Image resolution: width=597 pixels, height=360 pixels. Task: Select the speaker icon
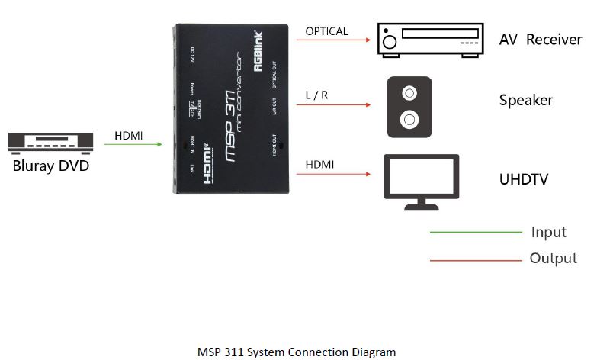click(409, 108)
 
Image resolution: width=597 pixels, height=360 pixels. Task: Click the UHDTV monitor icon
click(420, 182)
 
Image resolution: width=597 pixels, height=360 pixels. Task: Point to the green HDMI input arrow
click(137, 145)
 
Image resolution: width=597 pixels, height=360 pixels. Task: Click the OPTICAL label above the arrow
click(326, 31)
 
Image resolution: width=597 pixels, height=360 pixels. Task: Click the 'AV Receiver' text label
click(540, 39)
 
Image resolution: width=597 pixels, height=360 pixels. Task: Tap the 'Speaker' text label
click(525, 100)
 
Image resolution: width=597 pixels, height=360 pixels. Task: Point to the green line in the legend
click(475, 231)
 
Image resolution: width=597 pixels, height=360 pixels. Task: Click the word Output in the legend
click(553, 258)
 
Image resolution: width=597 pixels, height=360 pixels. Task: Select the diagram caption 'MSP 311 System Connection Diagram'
click(297, 352)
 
